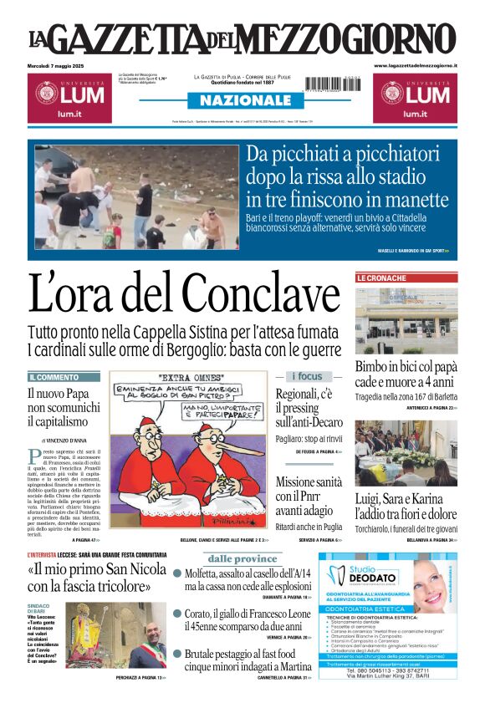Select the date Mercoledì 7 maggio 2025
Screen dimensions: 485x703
pyautogui.click(x=60, y=65)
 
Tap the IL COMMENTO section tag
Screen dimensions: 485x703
pyautogui.click(x=54, y=377)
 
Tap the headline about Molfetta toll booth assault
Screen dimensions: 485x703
pyautogui.click(x=248, y=580)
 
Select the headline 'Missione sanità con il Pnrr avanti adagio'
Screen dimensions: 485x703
pyautogui.click(x=309, y=498)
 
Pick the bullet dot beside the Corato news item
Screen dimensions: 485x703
pyautogui.click(x=177, y=614)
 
